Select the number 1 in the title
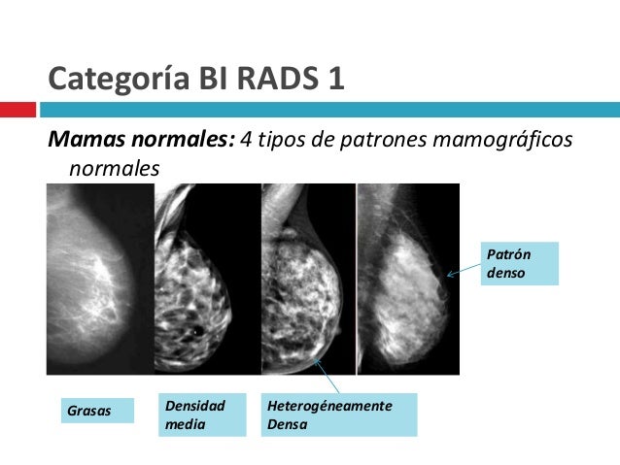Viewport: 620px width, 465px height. pyautogui.click(x=335, y=76)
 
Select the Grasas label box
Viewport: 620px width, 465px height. pyautogui.click(x=89, y=412)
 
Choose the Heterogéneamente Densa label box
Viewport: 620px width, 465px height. pyautogui.click(x=338, y=415)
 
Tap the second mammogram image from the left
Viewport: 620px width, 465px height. pyautogui.click(x=207, y=280)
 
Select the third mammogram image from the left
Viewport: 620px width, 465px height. pyautogui.click(x=309, y=280)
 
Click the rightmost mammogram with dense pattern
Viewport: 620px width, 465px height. pyautogui.click(x=408, y=280)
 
